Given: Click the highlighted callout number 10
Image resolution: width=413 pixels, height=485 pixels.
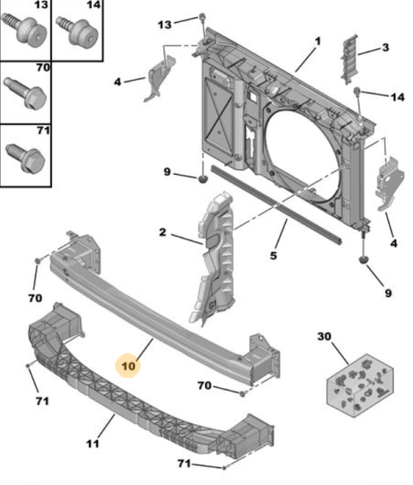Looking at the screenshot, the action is tap(129, 366).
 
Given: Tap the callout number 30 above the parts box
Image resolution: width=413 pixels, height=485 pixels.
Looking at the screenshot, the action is tap(324, 336).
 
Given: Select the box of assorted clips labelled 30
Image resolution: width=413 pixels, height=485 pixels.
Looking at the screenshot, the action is tap(360, 385).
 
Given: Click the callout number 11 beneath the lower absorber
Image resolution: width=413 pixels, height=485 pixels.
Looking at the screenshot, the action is tap(93, 444).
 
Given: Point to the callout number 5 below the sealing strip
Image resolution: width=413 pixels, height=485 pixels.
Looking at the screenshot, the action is tap(273, 256).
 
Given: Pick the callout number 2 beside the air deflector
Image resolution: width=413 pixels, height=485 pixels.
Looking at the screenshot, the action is tap(162, 232).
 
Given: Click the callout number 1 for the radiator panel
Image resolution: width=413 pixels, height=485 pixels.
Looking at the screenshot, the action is tap(318, 41).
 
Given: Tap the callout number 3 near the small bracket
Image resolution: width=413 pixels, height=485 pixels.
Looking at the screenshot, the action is tap(386, 48).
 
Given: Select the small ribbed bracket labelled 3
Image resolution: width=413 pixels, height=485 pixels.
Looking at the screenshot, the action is tap(349, 59).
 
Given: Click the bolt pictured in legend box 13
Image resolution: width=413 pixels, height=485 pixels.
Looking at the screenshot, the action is tap(25, 29).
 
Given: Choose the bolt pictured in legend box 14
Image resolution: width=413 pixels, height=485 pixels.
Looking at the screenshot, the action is tap(78, 32).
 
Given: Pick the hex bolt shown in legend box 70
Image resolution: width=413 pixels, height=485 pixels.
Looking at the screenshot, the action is tap(26, 93).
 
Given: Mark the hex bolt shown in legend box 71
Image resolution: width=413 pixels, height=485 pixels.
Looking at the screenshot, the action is tap(26, 159).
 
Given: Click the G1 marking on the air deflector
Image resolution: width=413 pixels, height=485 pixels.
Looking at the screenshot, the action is tap(213, 305).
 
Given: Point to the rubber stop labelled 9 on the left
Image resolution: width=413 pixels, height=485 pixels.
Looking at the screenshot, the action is tap(202, 179).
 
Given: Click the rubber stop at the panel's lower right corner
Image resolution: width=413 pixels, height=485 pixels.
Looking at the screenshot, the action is tap(363, 260).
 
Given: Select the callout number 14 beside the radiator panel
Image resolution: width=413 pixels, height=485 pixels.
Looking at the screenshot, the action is tap(397, 97).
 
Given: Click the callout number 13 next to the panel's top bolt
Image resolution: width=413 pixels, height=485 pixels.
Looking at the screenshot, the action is tap(164, 25).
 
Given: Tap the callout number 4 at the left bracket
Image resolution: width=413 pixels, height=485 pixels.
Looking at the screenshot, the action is tap(117, 82).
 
